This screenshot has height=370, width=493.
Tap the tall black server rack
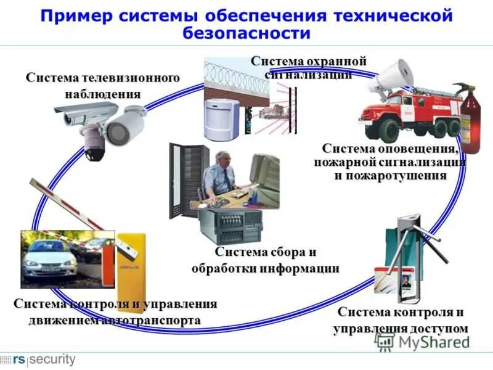tap(185, 179)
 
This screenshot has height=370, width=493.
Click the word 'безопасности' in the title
tap(246, 33)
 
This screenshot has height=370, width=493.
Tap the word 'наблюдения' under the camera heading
tap(103, 94)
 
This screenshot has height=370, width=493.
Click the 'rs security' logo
tap(38, 359)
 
